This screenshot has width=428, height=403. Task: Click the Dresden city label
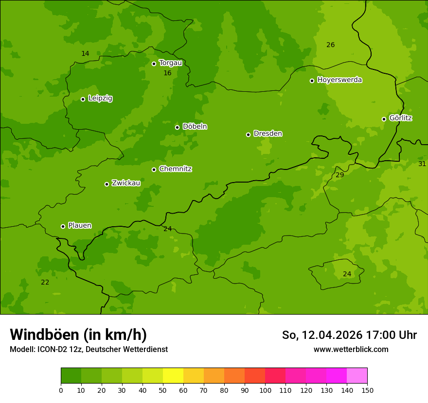pos(267,134)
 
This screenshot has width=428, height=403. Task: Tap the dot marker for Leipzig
pos(83,99)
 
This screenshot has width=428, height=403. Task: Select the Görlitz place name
pos(401,118)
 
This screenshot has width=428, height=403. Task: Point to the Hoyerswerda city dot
pos(312,81)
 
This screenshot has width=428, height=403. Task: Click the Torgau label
pos(170,63)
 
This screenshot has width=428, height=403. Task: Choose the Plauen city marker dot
pos(63,226)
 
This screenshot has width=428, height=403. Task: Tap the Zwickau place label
pos(126,183)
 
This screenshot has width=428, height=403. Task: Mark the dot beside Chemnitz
pos(154,169)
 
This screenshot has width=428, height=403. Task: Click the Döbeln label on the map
pos(195,126)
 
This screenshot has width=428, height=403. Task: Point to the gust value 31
pos(422,164)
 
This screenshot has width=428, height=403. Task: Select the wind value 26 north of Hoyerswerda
pos(330,45)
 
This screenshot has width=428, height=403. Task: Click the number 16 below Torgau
pos(167,73)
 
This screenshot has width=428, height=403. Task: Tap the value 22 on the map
pos(45,282)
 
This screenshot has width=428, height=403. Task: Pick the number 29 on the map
pos(339,175)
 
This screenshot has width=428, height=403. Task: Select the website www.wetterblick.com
pos(351,349)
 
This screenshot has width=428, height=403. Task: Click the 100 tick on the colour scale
pos(265,390)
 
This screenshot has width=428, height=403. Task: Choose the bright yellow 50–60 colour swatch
pos(173,376)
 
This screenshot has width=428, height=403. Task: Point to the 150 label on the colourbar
pos(367,390)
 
